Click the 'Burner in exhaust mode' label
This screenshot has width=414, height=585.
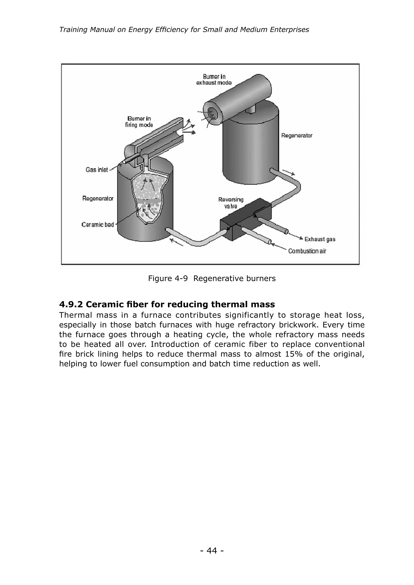(x=214, y=80)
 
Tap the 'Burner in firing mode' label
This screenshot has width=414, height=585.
(x=139, y=122)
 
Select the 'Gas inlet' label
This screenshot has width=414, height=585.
(x=97, y=170)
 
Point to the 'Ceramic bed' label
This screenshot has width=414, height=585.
(x=98, y=224)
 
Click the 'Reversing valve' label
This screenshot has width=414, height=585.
(x=231, y=203)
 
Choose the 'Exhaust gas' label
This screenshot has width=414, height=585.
(x=320, y=239)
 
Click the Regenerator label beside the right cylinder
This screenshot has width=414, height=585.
(x=297, y=136)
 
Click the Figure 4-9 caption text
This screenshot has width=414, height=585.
(x=212, y=279)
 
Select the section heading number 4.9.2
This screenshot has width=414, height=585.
(x=71, y=304)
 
